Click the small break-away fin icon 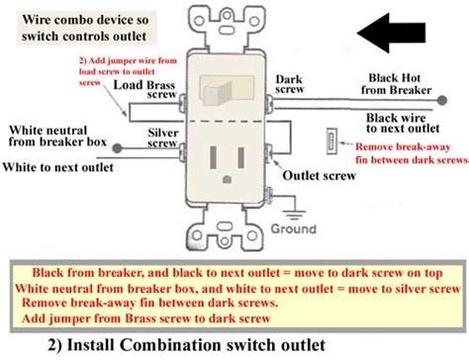click(330, 140)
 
